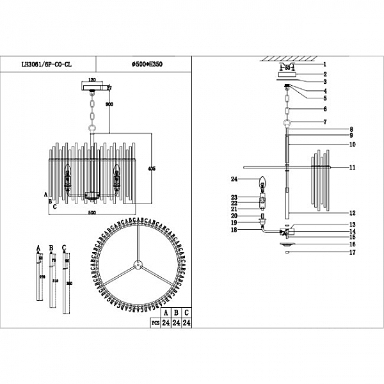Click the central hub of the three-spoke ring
(136, 264)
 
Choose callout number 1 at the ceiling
(324, 64)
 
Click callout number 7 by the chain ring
(324, 122)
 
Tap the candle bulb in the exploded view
(262, 184)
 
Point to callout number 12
(352, 212)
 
